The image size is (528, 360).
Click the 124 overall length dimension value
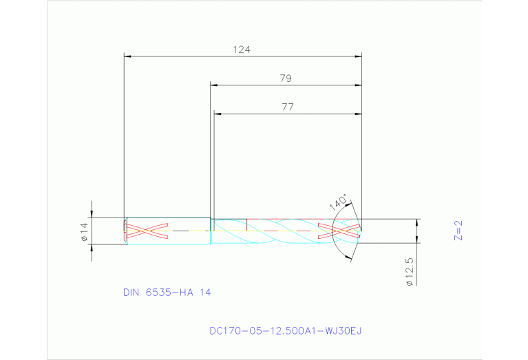point(242,50)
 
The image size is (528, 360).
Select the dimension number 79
point(286,78)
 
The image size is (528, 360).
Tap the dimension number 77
point(287,107)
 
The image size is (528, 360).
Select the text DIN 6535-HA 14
point(167,292)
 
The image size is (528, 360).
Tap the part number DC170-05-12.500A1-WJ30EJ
point(286,330)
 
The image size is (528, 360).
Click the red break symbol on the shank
point(147,232)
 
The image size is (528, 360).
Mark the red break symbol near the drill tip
point(339,231)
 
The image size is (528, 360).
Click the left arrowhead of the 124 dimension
point(127,56)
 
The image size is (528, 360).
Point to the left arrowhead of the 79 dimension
point(214,85)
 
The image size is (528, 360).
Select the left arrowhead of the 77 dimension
point(218,113)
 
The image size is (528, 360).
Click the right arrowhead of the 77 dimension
point(358,113)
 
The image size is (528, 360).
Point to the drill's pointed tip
point(361,231)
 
